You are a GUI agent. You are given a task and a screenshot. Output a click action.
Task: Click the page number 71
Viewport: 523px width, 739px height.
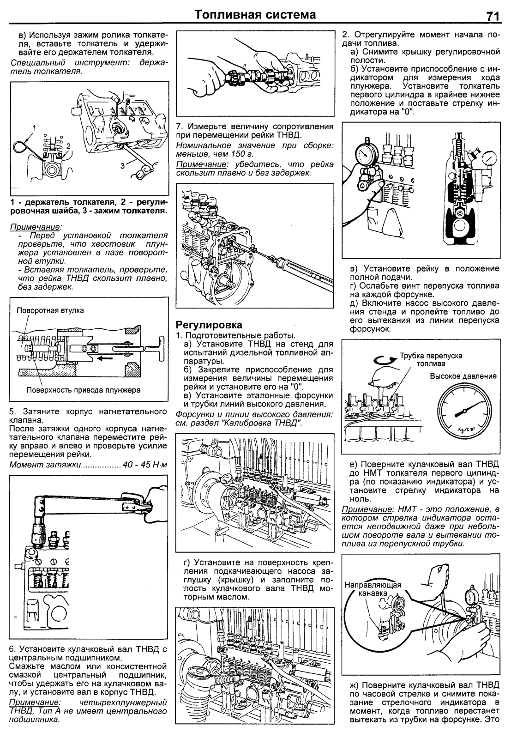click(x=493, y=16)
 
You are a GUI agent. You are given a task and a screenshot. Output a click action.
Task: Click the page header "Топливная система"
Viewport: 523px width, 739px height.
click(x=255, y=15)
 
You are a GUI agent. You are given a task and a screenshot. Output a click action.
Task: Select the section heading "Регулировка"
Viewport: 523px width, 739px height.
click(x=210, y=325)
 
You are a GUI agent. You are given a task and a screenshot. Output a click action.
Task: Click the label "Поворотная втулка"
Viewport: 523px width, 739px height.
click(x=50, y=310)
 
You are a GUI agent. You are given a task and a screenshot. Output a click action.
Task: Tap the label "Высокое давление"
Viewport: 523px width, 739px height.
click(x=463, y=376)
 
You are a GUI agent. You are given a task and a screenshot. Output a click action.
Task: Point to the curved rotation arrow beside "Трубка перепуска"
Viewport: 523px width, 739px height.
click(x=381, y=359)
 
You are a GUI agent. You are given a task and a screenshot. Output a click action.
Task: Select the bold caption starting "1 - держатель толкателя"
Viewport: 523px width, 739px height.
click(x=88, y=206)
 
